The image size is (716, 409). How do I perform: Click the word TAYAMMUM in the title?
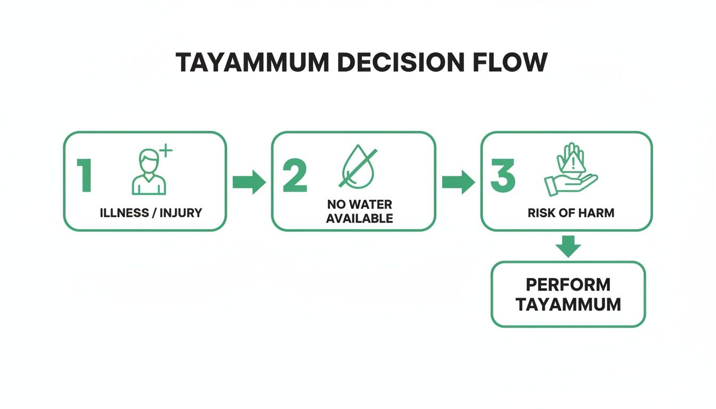pos(252,63)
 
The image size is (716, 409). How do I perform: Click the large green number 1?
pos(84,175)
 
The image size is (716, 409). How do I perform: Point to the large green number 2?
pos(295,175)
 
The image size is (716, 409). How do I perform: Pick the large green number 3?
pos(503,175)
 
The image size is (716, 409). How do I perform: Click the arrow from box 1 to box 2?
pos(249,183)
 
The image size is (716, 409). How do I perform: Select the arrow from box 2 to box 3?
pos(458,183)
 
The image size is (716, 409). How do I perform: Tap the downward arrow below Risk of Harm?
pos(568,247)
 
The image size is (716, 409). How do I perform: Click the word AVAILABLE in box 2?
pos(359,218)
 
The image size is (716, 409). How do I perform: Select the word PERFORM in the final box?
pos(568,284)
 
